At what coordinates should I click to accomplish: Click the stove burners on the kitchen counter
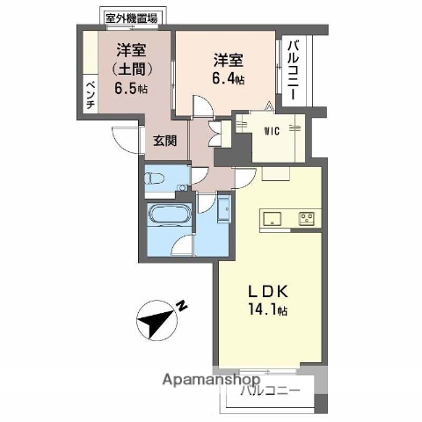[307, 217]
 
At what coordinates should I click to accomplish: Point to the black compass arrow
[159, 317]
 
